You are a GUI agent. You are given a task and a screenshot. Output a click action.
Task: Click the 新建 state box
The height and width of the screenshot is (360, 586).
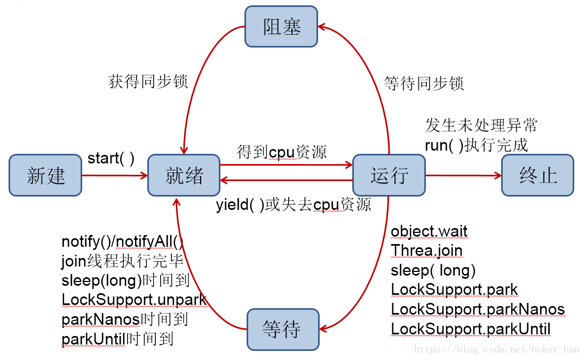[x=45, y=176]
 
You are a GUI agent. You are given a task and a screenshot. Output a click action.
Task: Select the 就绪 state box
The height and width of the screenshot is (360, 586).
[x=184, y=176]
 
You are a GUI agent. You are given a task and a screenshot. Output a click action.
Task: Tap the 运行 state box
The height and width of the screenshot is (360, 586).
[x=389, y=176]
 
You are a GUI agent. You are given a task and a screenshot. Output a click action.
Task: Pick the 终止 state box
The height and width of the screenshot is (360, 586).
[x=537, y=176]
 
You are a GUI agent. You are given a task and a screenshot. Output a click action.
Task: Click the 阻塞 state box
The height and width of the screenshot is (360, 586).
[x=281, y=27]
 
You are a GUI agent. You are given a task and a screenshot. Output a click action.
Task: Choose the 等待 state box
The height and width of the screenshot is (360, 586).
[x=282, y=330]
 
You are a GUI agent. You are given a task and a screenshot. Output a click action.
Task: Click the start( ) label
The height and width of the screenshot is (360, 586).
[x=111, y=159]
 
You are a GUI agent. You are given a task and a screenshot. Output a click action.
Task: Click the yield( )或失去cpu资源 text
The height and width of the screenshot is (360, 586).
[x=294, y=205]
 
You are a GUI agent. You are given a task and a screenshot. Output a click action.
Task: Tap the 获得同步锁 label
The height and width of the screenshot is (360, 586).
[x=148, y=82]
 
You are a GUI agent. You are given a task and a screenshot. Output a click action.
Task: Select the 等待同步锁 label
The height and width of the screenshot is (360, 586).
[x=424, y=83]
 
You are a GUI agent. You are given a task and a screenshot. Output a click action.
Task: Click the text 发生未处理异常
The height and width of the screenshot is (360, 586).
[x=481, y=126]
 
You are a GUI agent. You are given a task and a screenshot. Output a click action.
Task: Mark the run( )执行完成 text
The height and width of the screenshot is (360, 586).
[x=476, y=145]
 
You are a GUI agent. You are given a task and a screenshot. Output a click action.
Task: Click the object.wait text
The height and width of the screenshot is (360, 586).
[x=429, y=231]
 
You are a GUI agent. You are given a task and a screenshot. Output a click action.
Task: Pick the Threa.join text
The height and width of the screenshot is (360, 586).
[x=426, y=251]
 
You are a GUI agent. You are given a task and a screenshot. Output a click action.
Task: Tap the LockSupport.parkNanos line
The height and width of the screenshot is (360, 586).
[x=478, y=309]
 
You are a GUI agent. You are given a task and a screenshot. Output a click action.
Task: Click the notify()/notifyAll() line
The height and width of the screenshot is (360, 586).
[x=122, y=242]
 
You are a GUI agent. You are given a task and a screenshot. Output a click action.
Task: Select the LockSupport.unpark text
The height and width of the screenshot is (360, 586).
[x=134, y=300]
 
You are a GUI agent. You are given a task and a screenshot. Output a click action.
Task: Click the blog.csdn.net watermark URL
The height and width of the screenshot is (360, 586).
[x=496, y=349]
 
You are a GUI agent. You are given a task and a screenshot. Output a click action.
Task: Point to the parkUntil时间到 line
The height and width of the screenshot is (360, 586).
[x=117, y=339]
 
